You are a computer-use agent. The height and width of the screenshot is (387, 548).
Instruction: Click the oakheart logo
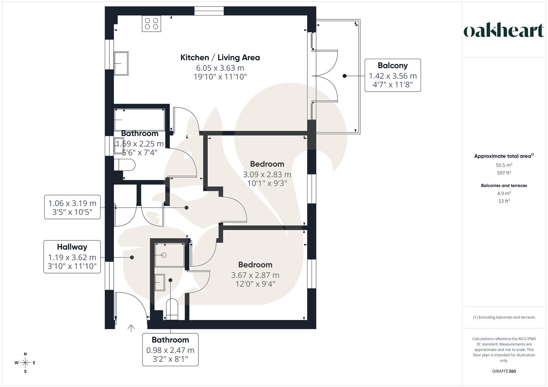coord(503,30)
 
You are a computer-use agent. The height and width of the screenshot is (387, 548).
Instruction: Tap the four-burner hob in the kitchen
coord(151,24)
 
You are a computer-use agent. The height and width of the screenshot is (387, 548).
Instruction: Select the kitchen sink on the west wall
coord(121,63)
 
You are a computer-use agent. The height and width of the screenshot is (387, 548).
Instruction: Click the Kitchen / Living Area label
coord(220,57)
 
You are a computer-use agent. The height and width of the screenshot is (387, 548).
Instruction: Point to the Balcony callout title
coord(393,66)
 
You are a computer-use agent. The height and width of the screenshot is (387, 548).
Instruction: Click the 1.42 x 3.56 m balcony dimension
coord(393,76)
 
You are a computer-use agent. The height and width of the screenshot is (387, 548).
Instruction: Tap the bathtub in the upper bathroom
coord(139,120)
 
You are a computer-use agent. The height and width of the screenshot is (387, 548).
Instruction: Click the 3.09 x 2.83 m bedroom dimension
coord(267,175)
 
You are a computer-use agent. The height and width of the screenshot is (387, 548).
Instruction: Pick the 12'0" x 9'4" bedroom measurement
coord(255,284)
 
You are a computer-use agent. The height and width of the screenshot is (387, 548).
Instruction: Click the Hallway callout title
coord(72,247)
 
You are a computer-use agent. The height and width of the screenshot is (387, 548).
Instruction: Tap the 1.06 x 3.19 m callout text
coord(72,204)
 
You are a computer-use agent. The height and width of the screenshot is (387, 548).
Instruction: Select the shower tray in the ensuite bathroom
coord(169,255)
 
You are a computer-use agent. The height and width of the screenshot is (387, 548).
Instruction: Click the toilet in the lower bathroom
coord(172,309)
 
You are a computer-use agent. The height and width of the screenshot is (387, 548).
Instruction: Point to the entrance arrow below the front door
coord(131,328)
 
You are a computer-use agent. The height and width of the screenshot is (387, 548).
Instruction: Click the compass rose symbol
coord(25,363)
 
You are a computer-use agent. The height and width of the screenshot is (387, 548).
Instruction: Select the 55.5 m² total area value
coord(504,165)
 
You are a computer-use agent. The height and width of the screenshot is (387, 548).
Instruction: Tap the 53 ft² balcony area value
coord(504,201)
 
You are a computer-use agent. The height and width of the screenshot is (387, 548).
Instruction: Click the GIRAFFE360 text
coord(504,371)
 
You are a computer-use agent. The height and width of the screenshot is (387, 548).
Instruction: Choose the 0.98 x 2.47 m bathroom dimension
coord(170,350)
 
